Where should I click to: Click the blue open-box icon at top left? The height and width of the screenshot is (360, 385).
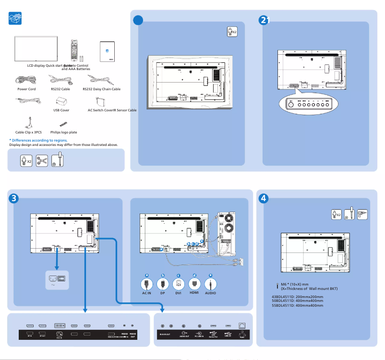click(16, 19)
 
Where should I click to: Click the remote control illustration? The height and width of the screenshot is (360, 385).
click(73, 50)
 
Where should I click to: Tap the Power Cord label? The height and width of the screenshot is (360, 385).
click(26, 89)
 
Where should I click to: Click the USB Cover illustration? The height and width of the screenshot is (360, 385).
click(61, 102)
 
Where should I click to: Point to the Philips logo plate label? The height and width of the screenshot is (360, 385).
click(64, 132)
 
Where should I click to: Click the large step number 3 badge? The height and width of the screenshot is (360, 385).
click(14, 198)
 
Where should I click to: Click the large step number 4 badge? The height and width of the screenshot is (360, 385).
click(264, 198)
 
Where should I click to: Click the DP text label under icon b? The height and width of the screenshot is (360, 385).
click(163, 293)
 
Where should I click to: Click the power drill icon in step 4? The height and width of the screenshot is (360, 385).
click(362, 214)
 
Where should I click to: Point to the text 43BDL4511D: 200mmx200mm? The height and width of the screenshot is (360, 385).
click(297, 297)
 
